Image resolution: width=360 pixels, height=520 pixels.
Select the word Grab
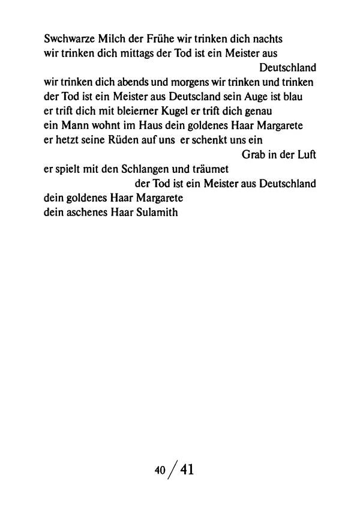(x=254, y=155)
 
